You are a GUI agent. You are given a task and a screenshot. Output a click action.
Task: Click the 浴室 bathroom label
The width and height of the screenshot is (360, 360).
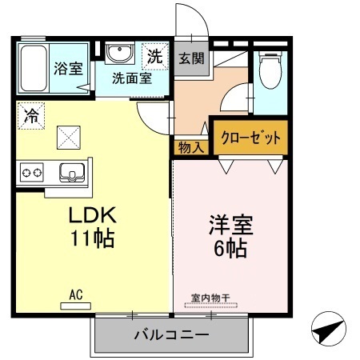pos(68,68)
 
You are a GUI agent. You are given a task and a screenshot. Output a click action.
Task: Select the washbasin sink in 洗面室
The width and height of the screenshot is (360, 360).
pos(121,54)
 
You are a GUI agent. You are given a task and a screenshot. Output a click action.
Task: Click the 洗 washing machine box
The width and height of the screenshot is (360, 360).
pos(154,56)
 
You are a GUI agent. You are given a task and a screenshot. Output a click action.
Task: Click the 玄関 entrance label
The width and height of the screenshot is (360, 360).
pos(190,58)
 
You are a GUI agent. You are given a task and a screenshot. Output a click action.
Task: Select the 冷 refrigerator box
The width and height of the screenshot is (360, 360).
pos(30,114)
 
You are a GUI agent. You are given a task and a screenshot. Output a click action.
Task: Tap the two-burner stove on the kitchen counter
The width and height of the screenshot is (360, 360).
pos(32,172)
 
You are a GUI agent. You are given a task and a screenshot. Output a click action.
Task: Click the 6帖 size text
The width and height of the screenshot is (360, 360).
pos(226,247)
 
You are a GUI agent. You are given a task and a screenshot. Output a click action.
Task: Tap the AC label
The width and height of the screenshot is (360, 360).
pos(76,294)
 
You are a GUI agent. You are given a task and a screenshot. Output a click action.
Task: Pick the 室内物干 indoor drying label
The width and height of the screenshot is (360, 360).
pos(210,298)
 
